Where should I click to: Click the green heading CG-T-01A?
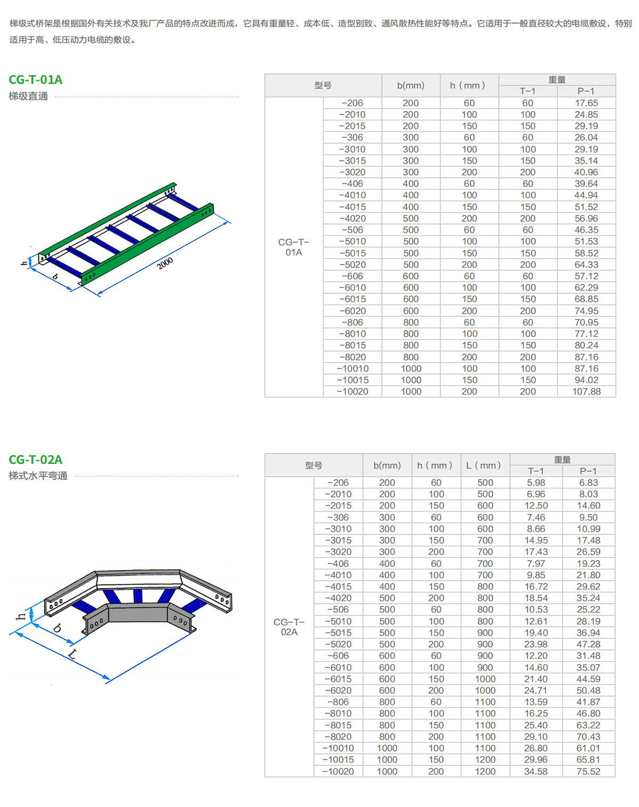(36, 79)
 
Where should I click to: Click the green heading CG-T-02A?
(36, 459)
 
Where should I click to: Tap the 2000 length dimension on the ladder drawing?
(165, 263)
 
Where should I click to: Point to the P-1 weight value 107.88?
(586, 391)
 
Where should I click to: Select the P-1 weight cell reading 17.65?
(586, 103)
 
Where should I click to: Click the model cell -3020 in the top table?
(353, 172)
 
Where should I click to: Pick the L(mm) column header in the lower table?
(484, 465)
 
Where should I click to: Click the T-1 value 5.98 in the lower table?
(536, 483)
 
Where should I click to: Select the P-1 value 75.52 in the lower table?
(588, 771)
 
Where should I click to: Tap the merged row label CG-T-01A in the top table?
(294, 247)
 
